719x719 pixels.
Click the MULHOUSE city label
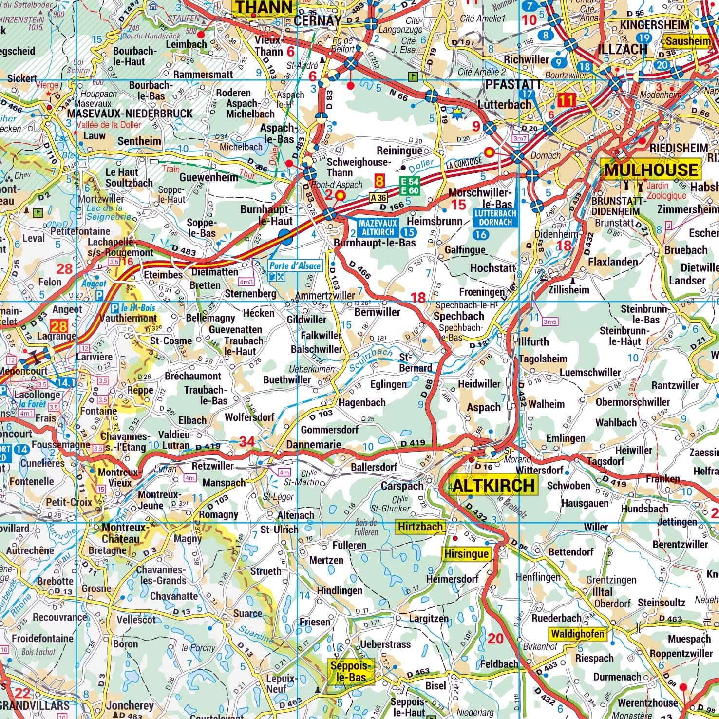click(x=651, y=170)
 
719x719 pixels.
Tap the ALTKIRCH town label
click(x=495, y=485)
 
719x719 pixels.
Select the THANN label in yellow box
click(x=265, y=7)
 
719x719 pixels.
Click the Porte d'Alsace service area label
click(x=296, y=265)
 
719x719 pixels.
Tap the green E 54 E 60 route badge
click(x=410, y=185)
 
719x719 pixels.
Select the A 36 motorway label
click(x=378, y=197)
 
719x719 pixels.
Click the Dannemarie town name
click(x=313, y=445)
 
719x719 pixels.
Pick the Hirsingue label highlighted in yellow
click(x=466, y=554)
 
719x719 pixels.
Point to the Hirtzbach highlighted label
click(x=420, y=527)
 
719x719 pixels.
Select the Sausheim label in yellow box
click(x=688, y=41)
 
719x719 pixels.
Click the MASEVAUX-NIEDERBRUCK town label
click(x=130, y=114)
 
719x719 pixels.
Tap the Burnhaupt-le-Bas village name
click(x=375, y=242)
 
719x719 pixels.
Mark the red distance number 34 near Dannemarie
click(x=247, y=442)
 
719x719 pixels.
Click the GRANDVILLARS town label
click(x=35, y=705)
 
